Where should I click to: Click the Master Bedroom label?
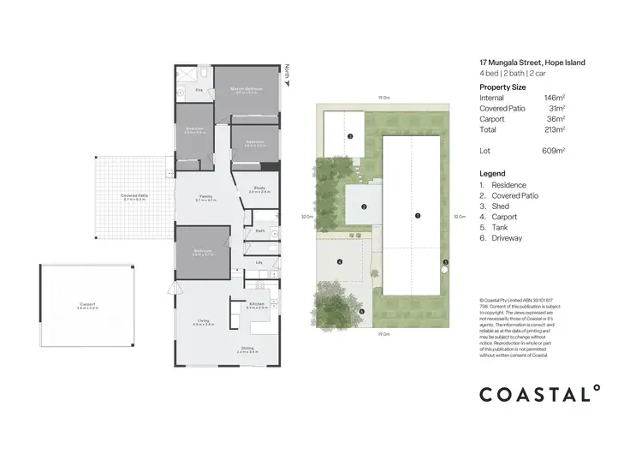tap(245, 88)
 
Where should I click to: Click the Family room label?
tap(206, 196)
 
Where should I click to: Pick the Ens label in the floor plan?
tap(199, 89)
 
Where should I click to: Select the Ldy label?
tap(260, 262)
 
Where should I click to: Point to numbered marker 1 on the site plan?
tap(417, 216)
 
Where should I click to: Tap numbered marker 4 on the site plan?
tap(340, 261)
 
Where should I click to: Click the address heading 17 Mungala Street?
tap(532, 62)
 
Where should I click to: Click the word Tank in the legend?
tap(499, 227)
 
